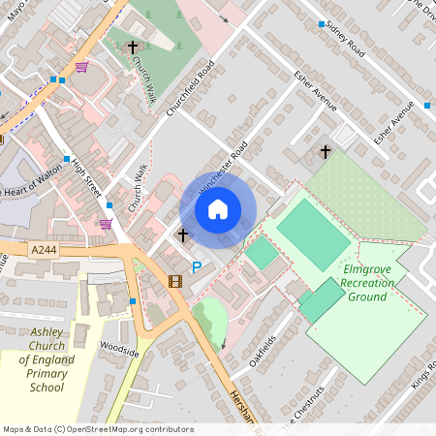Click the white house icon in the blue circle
tap(218, 209)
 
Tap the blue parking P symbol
tap(197, 267)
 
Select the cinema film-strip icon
tap(174, 282)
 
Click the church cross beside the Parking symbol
tap(182, 234)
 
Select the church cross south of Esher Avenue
tap(326, 152)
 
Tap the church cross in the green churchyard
tap(133, 47)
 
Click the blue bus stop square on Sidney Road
tap(322, 22)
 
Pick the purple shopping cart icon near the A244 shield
tap(106, 224)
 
